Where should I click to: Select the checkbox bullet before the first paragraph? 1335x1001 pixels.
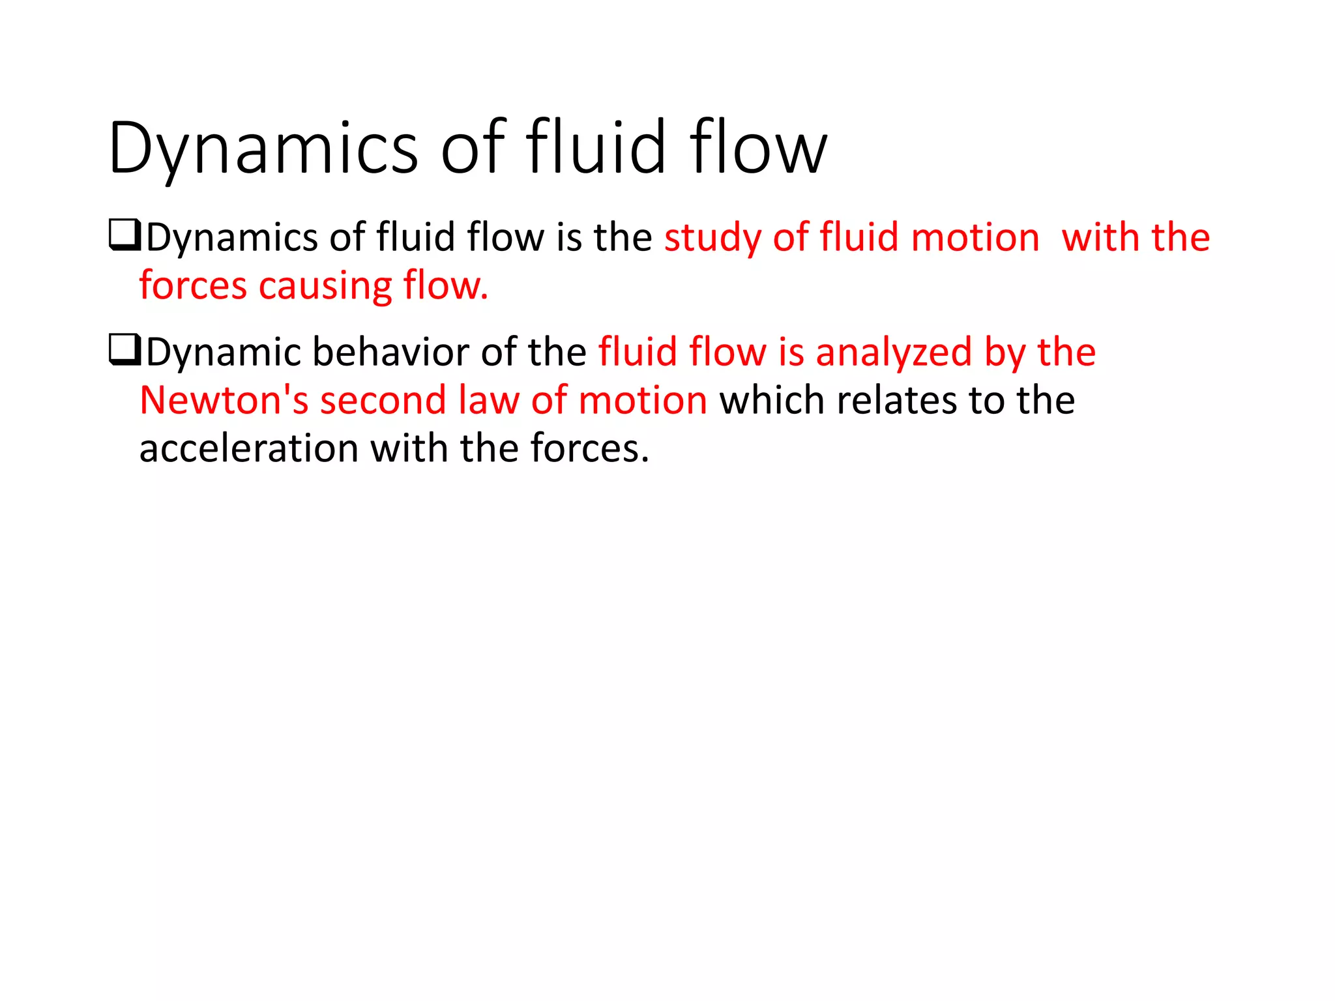(124, 237)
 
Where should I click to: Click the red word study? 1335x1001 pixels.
(712, 238)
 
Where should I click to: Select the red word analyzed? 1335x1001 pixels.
(894, 353)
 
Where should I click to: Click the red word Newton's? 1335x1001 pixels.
(224, 400)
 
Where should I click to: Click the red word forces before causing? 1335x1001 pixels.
(193, 286)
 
